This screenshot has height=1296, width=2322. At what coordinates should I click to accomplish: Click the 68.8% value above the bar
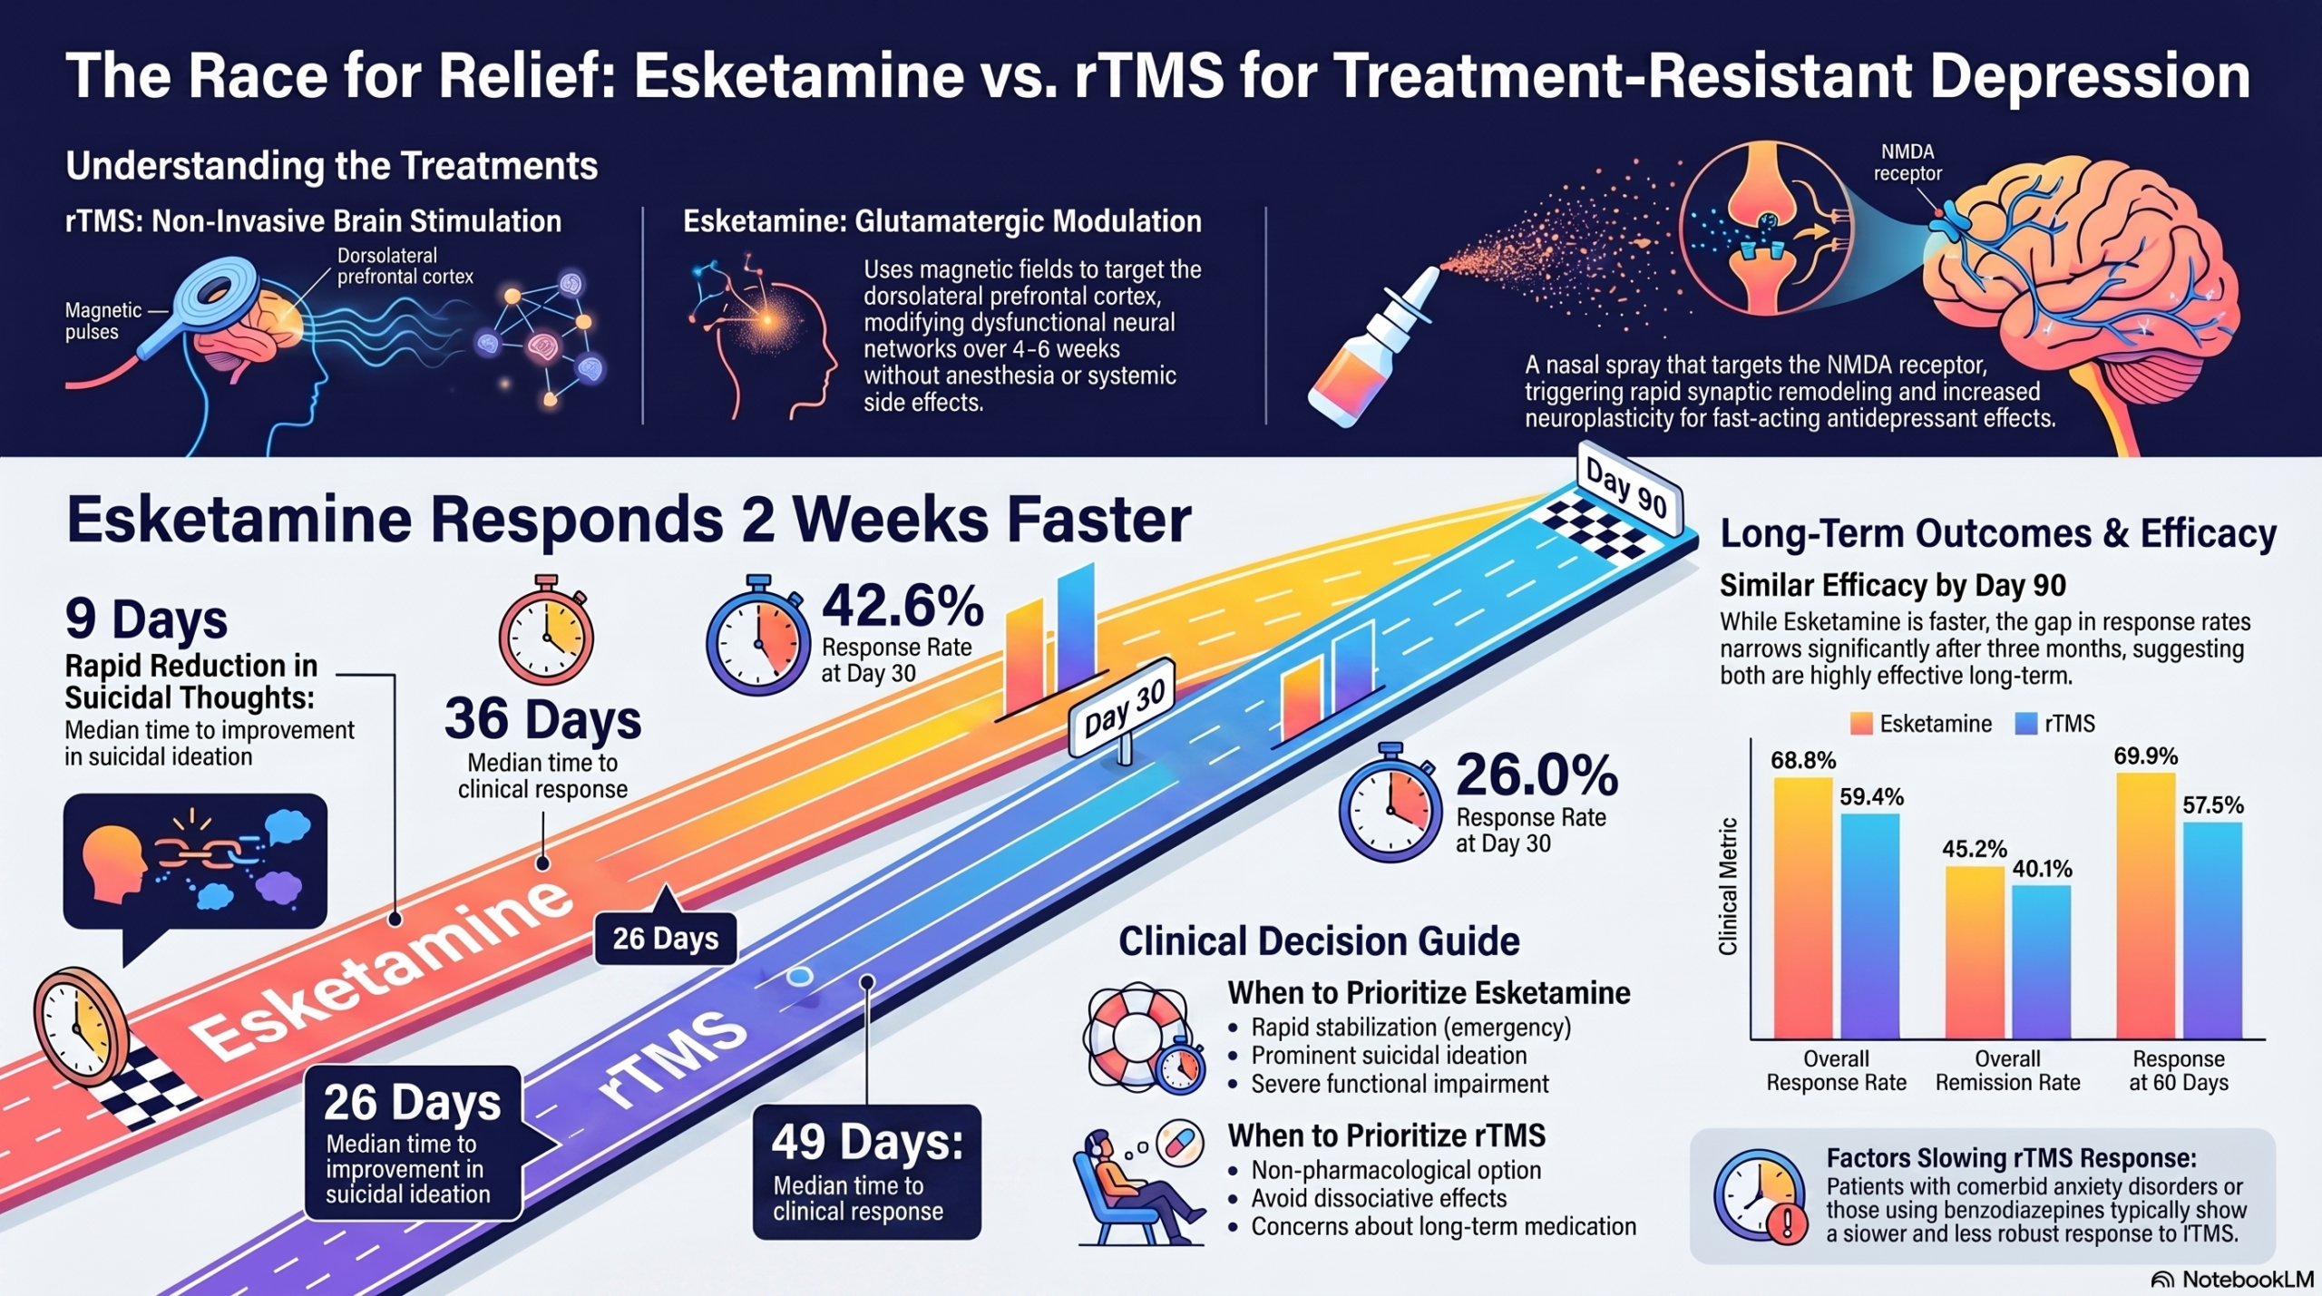pos(1803,760)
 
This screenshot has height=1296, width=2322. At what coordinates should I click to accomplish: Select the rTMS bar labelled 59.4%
pos(1870,926)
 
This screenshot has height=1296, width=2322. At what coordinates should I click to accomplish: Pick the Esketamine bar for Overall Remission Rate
pos(1975,952)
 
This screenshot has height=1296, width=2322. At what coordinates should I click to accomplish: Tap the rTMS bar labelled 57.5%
pos(2212,931)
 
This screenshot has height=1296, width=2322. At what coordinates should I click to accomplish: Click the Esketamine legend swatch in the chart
pos(1861,724)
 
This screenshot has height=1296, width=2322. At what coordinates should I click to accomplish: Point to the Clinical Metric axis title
pos(1729,886)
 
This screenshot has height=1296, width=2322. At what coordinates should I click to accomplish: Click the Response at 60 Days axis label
pos(2179,1070)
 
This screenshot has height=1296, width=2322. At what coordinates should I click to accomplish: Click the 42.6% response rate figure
pos(902,606)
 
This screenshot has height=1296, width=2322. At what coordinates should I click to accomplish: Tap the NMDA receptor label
pos(1907,162)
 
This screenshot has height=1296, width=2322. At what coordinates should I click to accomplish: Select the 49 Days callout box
pos(867,1172)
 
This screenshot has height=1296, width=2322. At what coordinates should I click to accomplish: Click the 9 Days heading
pos(146,619)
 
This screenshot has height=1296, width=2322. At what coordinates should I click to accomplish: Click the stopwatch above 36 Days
pos(546,629)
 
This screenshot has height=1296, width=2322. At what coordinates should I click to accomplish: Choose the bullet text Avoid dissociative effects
pos(1379,1198)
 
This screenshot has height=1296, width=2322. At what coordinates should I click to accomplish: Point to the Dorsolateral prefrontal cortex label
pos(405,266)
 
